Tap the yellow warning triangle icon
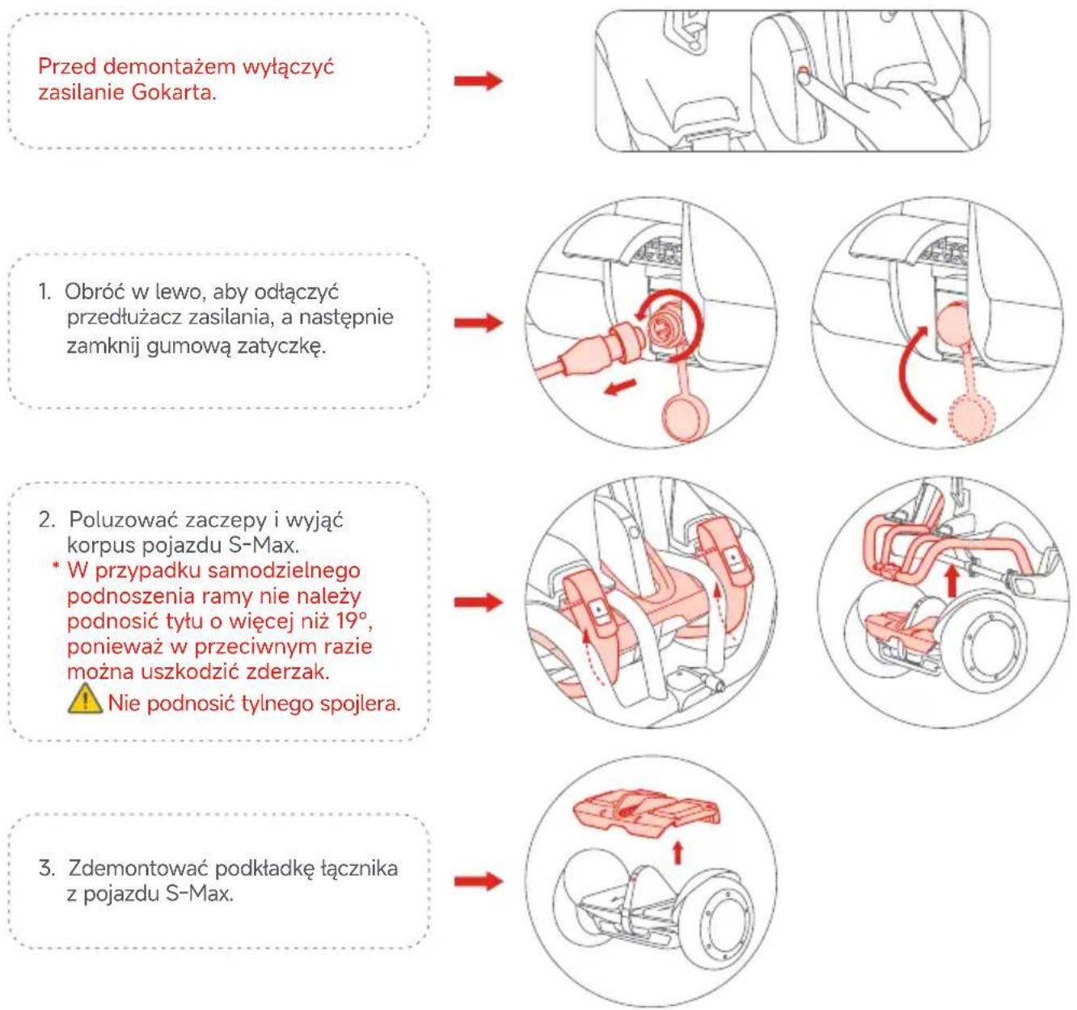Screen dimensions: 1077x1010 point(86,699)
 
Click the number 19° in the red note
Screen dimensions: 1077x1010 point(353,621)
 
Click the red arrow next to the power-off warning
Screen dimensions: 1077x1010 point(479,81)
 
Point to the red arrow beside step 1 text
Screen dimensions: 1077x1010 point(479,322)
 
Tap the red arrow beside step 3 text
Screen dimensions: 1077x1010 point(479,881)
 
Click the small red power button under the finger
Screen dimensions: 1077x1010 point(804,70)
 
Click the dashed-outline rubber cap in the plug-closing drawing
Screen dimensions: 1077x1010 point(972,418)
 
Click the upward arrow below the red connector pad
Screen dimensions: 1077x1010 point(677,852)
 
